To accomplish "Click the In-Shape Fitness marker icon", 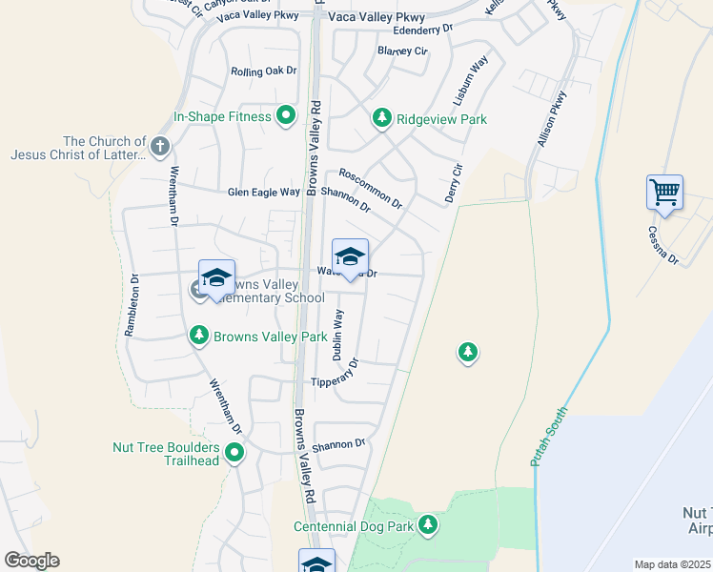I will click(x=285, y=117).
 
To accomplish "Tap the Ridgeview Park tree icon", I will click(x=382, y=118).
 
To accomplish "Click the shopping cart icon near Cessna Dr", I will click(x=664, y=192).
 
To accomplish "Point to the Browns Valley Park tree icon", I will click(x=199, y=336).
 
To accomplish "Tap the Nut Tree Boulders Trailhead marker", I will click(x=234, y=454).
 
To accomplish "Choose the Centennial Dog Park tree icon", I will click(x=428, y=524).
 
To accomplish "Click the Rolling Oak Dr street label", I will click(x=264, y=71).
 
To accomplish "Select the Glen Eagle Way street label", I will click(x=263, y=193).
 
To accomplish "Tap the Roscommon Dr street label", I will click(x=371, y=189).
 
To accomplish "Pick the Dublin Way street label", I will click(x=337, y=334).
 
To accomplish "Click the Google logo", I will click(x=31, y=561).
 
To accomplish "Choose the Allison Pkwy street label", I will click(x=552, y=117).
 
